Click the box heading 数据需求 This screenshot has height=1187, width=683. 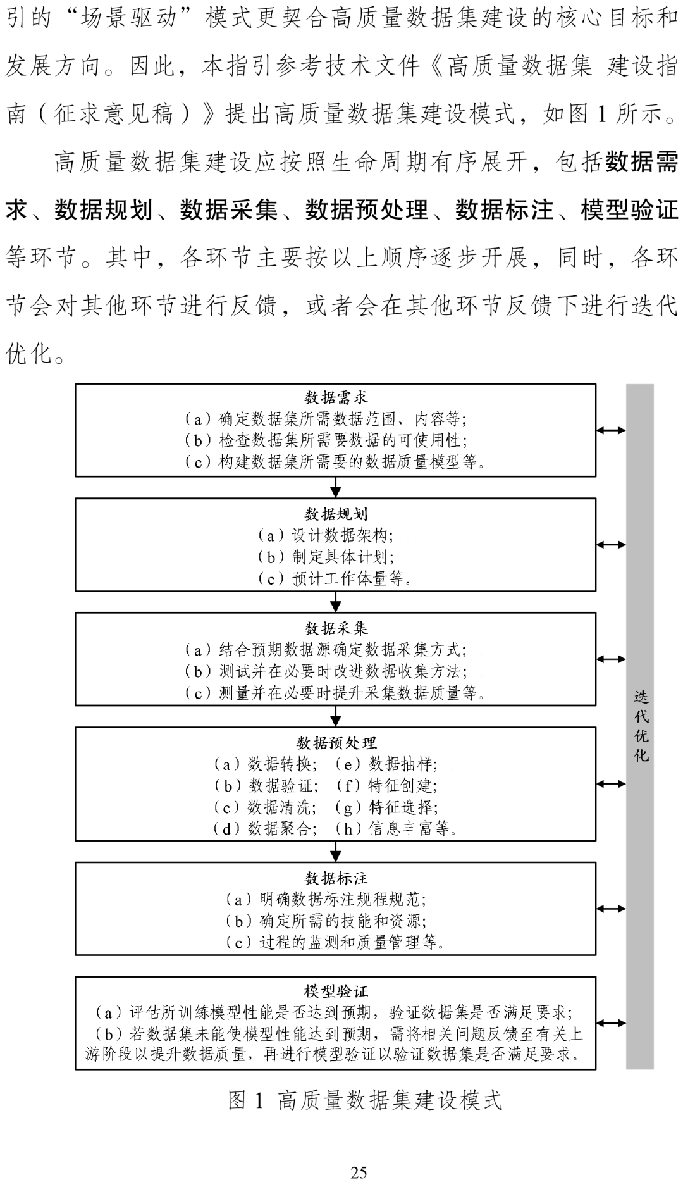point(336,398)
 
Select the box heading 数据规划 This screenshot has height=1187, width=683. point(336,514)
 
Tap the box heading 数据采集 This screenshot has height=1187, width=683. point(336,628)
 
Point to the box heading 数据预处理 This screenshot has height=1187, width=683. point(336,743)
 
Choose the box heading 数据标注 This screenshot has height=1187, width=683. point(336,878)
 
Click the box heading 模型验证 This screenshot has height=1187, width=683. point(336,991)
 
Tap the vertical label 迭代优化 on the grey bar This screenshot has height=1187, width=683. point(641,726)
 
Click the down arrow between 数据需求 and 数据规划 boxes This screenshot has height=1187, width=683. point(336,487)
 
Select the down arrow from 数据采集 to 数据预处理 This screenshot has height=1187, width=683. point(336,716)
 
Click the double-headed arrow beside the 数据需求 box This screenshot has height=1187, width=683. point(611,430)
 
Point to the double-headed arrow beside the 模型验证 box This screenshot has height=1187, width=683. point(611,1023)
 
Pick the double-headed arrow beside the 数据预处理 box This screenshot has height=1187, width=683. point(611,784)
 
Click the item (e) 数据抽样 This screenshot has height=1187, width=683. point(386,764)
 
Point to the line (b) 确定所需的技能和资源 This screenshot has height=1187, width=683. point(326,921)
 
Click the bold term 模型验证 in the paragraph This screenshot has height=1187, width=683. point(629,210)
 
